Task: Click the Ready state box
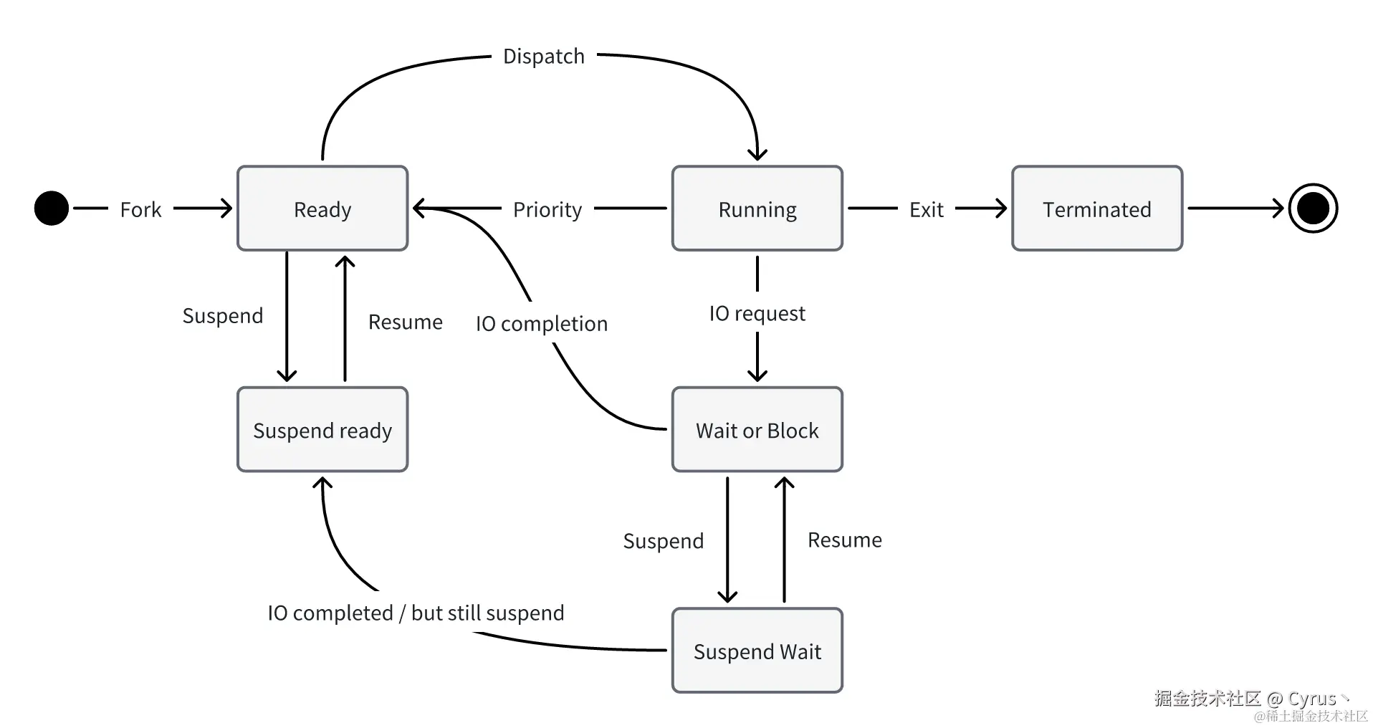(x=322, y=209)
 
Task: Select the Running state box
(x=757, y=209)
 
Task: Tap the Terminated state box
(x=1096, y=209)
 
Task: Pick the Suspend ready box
(x=322, y=430)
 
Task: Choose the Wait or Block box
(x=757, y=430)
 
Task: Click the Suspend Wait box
(x=757, y=651)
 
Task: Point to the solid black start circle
(x=52, y=209)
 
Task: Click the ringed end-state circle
(x=1313, y=209)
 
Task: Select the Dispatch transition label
(x=544, y=56)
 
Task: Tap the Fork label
(x=140, y=209)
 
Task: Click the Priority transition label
(x=547, y=209)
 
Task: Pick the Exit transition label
(x=926, y=209)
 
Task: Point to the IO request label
(x=757, y=313)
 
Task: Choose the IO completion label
(x=542, y=323)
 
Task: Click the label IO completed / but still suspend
(x=416, y=613)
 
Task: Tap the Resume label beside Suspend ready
(x=405, y=322)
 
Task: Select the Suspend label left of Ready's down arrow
(x=223, y=315)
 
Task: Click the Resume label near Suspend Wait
(x=844, y=540)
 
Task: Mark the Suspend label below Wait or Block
(x=664, y=540)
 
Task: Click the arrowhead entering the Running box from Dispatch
(x=757, y=154)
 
